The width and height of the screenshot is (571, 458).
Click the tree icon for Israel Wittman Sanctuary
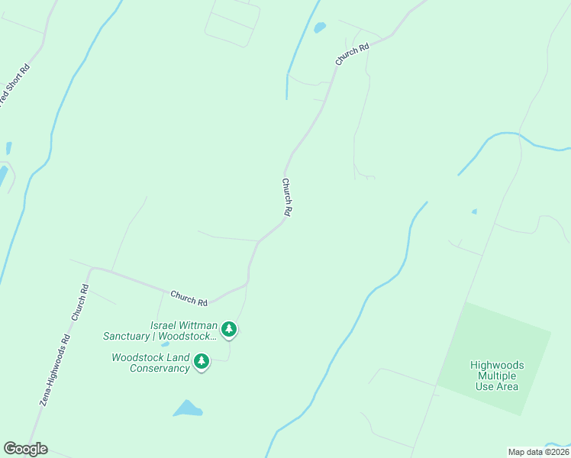[x=228, y=330]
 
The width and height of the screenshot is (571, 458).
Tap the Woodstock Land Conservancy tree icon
[x=201, y=361]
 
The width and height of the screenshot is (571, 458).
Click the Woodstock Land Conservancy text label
[x=150, y=363]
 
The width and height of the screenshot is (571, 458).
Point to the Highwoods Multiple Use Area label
[x=494, y=376]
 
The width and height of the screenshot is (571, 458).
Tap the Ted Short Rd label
[x=15, y=85]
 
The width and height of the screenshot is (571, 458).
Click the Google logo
[x=25, y=449]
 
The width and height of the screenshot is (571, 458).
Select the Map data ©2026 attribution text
[x=538, y=452]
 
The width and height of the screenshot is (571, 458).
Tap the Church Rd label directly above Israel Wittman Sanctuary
[x=189, y=297]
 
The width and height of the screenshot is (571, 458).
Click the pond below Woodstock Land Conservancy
[x=187, y=409]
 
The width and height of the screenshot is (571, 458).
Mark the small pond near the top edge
[x=320, y=27]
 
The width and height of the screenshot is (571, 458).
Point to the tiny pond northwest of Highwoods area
[x=474, y=211]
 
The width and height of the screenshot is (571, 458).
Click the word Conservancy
[x=159, y=369]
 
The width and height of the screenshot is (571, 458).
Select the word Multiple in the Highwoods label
[x=494, y=376]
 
